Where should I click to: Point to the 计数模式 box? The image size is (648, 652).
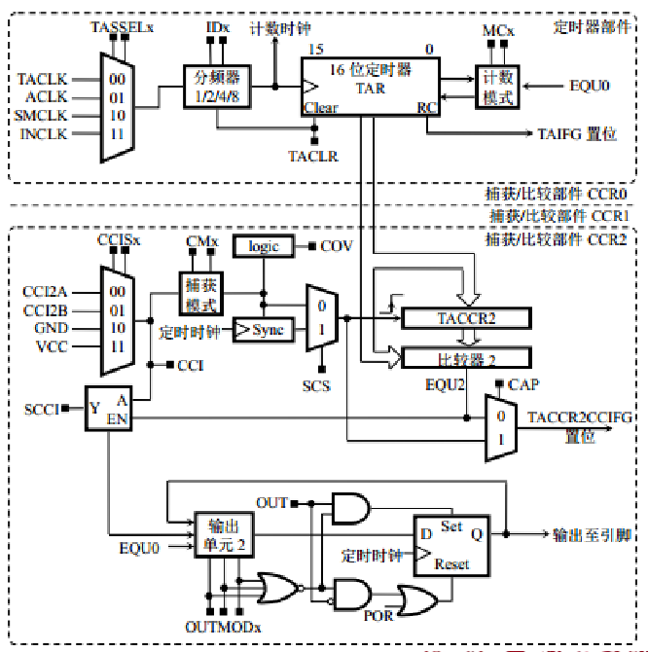tap(497, 88)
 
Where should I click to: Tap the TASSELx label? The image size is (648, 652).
tap(122, 26)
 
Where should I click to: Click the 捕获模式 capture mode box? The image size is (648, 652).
tap(200, 293)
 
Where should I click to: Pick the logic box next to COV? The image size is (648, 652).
tap(263, 246)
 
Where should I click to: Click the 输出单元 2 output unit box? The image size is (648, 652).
tap(226, 535)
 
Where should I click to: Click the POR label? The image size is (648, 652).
tap(378, 616)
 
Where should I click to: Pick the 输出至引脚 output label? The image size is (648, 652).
tap(594, 535)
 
